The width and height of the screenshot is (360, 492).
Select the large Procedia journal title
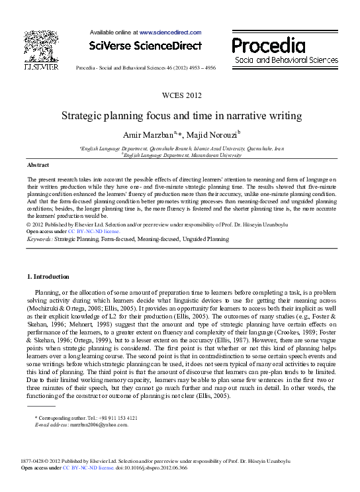(269, 45)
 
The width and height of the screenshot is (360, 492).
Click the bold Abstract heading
(38, 164)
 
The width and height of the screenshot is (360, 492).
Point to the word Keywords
(38, 238)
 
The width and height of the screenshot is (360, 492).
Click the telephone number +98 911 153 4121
(111, 418)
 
